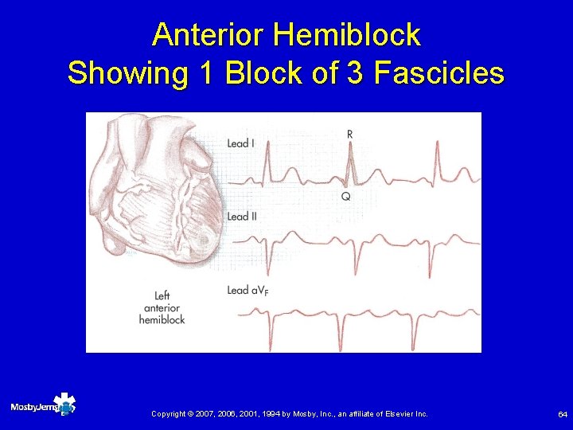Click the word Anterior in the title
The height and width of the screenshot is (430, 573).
(208, 34)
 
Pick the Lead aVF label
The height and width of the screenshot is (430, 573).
(248, 291)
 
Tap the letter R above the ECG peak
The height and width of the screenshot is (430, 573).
(350, 135)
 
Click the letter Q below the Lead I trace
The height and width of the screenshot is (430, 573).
(345, 196)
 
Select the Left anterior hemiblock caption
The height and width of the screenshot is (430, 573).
(162, 308)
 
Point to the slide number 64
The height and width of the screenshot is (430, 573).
(563, 414)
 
